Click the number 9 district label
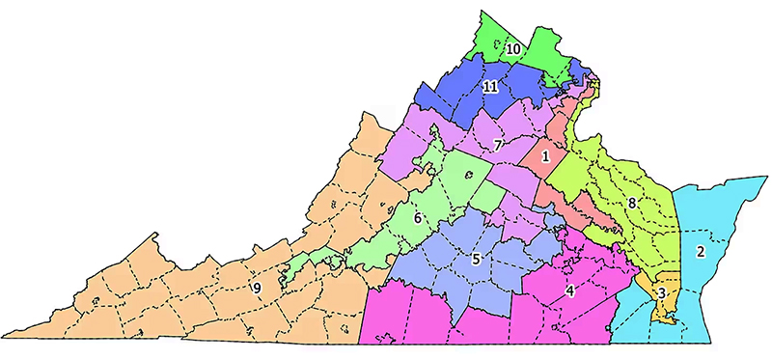(257, 288)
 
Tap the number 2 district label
(701, 252)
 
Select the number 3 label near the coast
(661, 292)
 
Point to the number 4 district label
(570, 291)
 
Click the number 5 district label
(476, 259)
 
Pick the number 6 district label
(417, 218)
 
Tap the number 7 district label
(497, 145)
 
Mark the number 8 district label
(631, 204)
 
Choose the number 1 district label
(545, 155)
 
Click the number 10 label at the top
(513, 48)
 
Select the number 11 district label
(490, 87)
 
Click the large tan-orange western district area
(193, 290)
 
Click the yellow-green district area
(618, 174)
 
